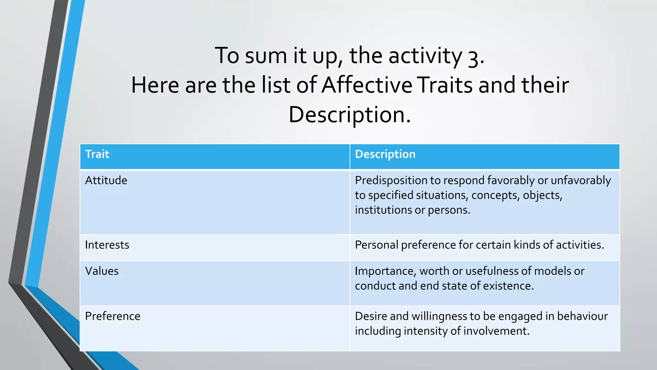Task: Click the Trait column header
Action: click(x=97, y=154)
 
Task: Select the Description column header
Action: click(x=385, y=154)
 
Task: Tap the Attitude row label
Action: click(x=106, y=180)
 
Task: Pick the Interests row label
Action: click(x=107, y=245)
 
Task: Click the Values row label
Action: click(x=102, y=271)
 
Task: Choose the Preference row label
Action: click(x=113, y=316)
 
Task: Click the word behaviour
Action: click(x=582, y=316)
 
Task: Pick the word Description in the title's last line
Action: click(x=349, y=115)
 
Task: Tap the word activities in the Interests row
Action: click(x=580, y=245)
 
